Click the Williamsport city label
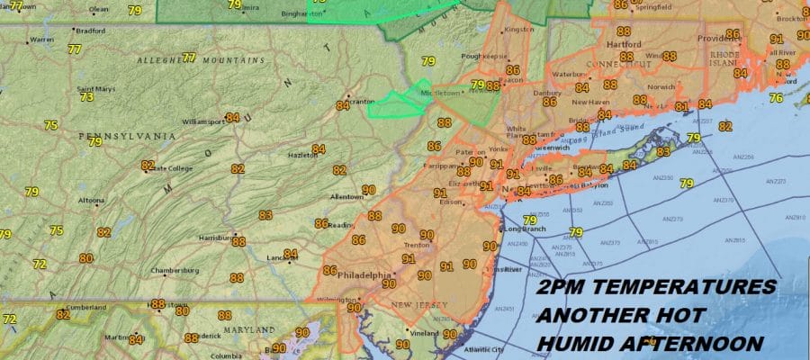coord(202,121)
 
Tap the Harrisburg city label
coord(213,238)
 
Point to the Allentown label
coord(346,196)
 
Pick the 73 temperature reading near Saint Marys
coord(86,97)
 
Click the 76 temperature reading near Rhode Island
coord(776,97)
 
